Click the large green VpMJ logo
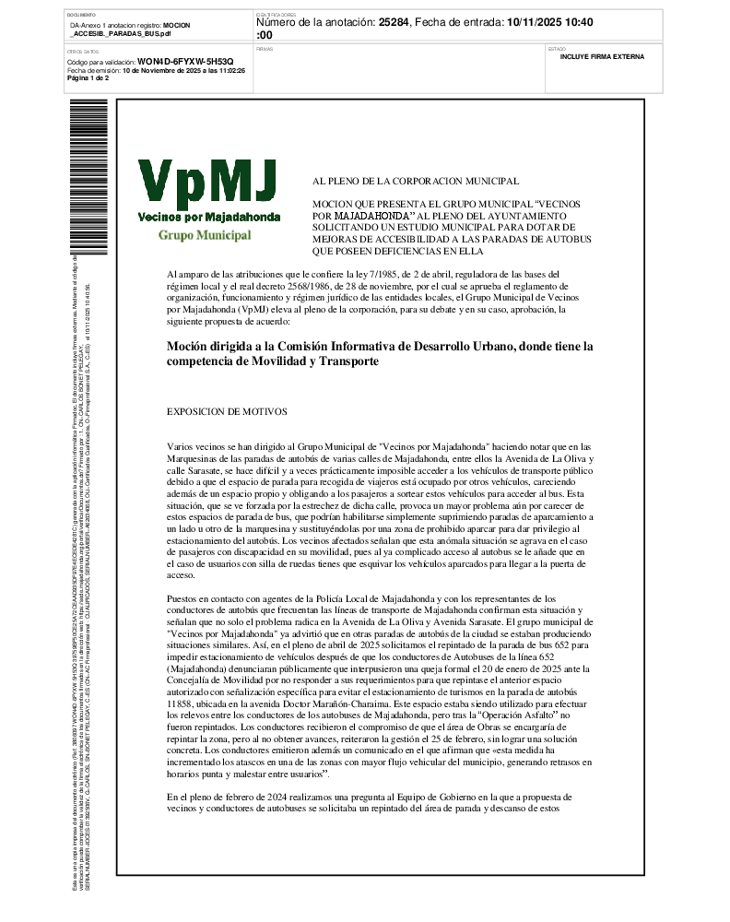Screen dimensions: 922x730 [207, 183]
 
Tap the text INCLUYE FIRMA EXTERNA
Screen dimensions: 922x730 [602, 57]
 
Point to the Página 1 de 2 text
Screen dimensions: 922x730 [88, 78]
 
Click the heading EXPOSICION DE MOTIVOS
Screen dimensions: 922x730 [227, 411]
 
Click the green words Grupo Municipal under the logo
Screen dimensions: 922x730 [205, 235]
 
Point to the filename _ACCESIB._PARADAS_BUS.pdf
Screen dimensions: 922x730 [121, 33]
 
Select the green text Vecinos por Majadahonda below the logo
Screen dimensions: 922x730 [208, 217]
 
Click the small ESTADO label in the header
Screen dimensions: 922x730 [558, 48]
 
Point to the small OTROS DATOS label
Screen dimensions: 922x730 [83, 52]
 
